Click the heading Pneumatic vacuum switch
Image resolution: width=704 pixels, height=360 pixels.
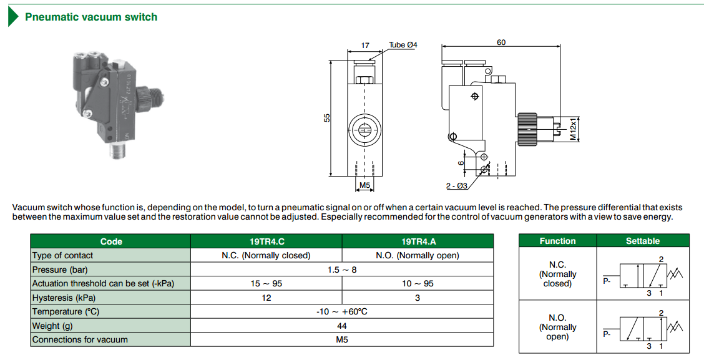tap(91, 17)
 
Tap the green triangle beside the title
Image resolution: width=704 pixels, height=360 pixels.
tap(12, 17)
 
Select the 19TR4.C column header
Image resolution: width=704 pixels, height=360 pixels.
tap(266, 241)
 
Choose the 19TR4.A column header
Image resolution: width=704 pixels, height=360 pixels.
tap(418, 241)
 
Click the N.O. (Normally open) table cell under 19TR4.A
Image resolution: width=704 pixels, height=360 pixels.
tap(418, 255)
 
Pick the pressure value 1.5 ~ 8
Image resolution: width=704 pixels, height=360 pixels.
tap(341, 270)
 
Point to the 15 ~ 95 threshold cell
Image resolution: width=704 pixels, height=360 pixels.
tap(266, 283)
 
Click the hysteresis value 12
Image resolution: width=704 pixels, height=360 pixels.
tap(266, 298)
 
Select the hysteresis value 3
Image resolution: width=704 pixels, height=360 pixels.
tap(418, 298)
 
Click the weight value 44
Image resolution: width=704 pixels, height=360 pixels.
tap(341, 326)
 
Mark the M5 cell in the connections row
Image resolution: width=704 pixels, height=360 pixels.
tap(341, 340)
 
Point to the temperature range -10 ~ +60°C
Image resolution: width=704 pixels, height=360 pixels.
tap(341, 311)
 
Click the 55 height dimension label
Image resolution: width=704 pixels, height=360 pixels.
tap(326, 117)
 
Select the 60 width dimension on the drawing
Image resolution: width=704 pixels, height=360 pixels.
tap(501, 42)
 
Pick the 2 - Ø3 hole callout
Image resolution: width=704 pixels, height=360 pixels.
tap(457, 186)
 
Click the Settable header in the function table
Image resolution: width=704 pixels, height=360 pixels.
tap(643, 241)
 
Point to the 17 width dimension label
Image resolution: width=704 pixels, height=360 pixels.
tap(365, 46)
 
